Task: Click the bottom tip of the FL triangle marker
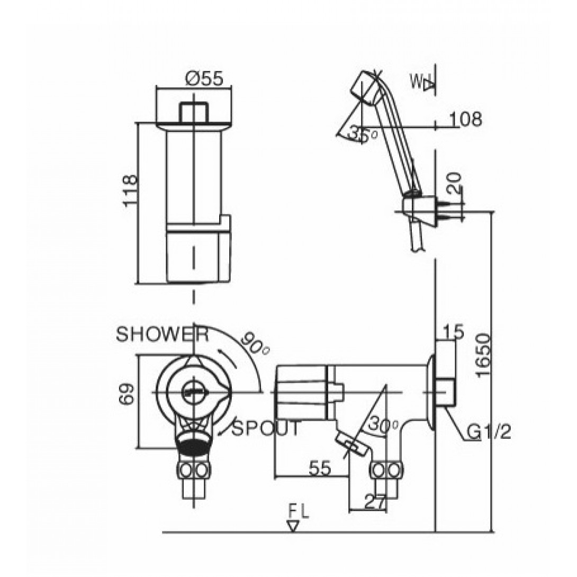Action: coord(293,531)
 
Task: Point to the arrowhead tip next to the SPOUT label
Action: coord(218,435)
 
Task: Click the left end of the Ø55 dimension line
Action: coord(156,87)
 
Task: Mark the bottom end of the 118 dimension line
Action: coord(137,284)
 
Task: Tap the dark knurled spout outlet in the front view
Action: coord(194,447)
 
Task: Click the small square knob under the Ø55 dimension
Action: coord(194,113)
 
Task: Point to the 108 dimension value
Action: coord(465,119)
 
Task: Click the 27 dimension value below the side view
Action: coord(375,501)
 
